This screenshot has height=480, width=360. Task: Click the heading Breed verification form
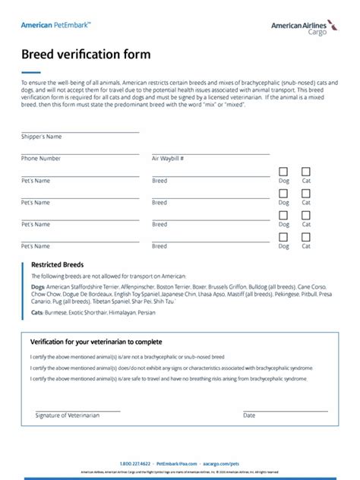pos(85,55)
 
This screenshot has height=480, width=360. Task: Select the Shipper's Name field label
pos(41,137)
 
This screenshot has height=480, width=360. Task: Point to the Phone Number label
pos(40,159)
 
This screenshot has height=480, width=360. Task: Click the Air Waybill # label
pos(168,159)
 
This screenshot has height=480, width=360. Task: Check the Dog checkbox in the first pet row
pos(283,172)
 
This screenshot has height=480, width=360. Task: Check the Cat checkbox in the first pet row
pos(306,172)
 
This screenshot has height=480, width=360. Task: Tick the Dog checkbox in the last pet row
pos(283,237)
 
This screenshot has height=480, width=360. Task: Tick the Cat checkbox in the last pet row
pos(306,237)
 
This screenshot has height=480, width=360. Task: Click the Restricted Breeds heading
pos(57,265)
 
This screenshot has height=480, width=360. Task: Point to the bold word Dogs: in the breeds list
pos(38,287)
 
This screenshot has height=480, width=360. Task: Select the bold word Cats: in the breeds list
pos(37,311)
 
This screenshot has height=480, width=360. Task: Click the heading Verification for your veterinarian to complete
pos(96,342)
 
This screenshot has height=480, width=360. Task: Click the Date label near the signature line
pos(249,415)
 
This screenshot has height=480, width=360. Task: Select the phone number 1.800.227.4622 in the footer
pos(135,463)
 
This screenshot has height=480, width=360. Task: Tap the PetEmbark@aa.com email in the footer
pos(176,463)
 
